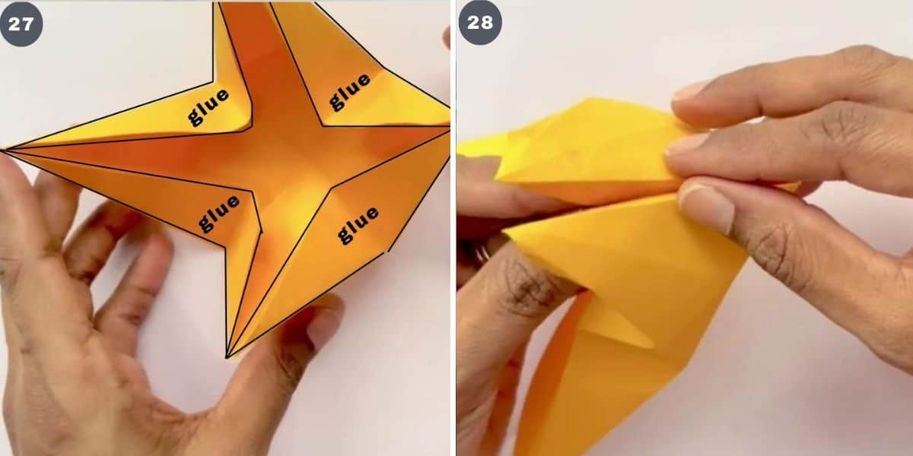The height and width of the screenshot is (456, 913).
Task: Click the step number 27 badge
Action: coord(21,24)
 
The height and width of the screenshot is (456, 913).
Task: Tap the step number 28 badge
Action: coord(480,24)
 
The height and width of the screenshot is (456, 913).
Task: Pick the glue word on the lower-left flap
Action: coord(219,213)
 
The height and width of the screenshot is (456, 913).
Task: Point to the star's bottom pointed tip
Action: coord(227,355)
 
